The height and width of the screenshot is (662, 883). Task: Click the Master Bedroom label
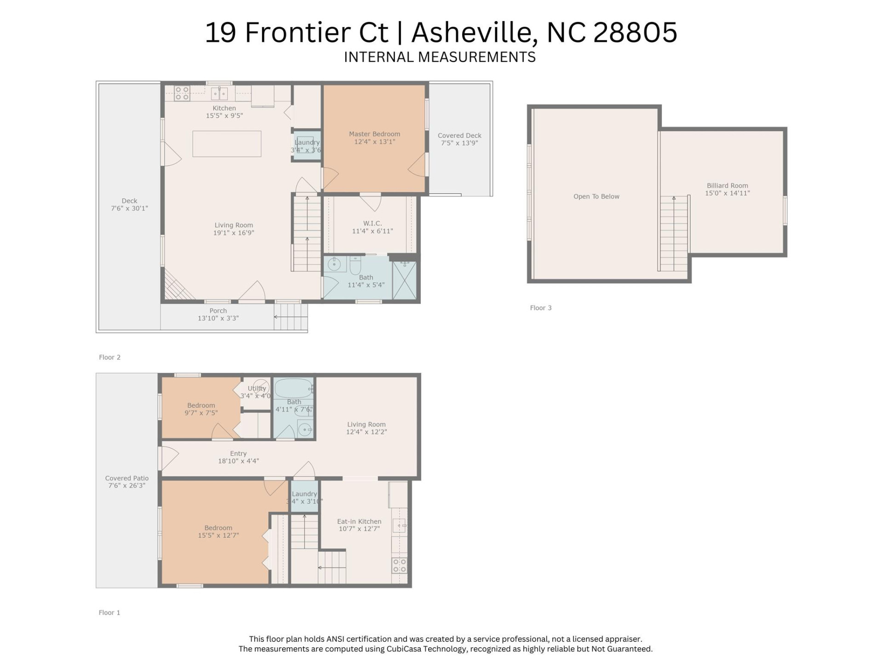tap(374, 134)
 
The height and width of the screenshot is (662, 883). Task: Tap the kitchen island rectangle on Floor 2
tap(227, 144)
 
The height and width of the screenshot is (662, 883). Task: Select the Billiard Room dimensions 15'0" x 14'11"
tap(727, 194)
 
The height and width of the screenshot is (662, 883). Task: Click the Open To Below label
tap(596, 196)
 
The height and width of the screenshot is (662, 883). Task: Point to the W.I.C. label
tap(373, 223)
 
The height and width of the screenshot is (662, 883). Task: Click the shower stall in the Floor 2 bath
tap(404, 280)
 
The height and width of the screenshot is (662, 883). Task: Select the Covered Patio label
tap(126, 478)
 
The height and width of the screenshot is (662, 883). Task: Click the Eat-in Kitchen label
tap(359, 521)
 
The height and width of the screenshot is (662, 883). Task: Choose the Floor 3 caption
tap(540, 308)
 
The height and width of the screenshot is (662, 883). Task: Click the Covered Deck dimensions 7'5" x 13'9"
tap(459, 143)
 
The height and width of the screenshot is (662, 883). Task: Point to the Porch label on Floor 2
tap(218, 311)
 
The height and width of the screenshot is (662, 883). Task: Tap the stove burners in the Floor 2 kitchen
tap(182, 93)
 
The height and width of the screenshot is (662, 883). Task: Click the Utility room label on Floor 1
tap(257, 388)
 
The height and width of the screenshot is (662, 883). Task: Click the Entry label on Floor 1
tap(238, 453)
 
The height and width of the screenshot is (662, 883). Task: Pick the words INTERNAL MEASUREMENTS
tap(440, 57)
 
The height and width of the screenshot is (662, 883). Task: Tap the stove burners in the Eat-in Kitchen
tap(399, 565)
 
